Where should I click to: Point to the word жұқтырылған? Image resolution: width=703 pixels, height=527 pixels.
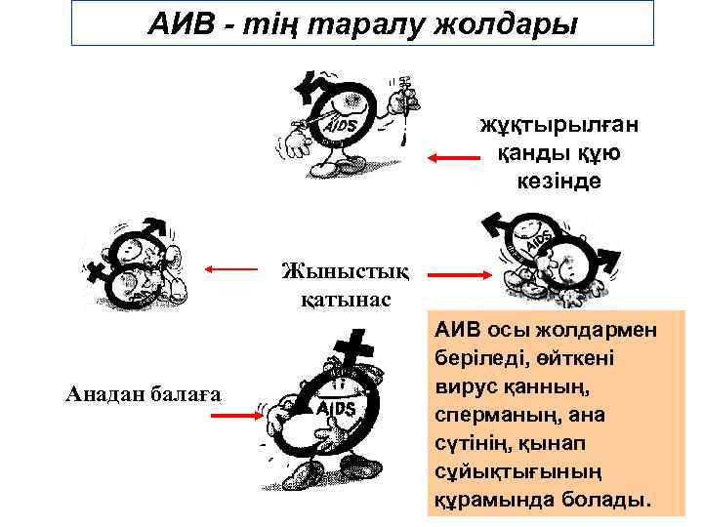(561, 126)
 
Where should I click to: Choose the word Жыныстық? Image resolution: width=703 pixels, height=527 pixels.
(346, 268)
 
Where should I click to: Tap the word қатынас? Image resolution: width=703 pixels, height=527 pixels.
(346, 298)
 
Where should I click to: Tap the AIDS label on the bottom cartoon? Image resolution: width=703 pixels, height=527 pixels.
(336, 405)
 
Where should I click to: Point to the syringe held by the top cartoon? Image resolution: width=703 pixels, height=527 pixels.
(401, 96)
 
